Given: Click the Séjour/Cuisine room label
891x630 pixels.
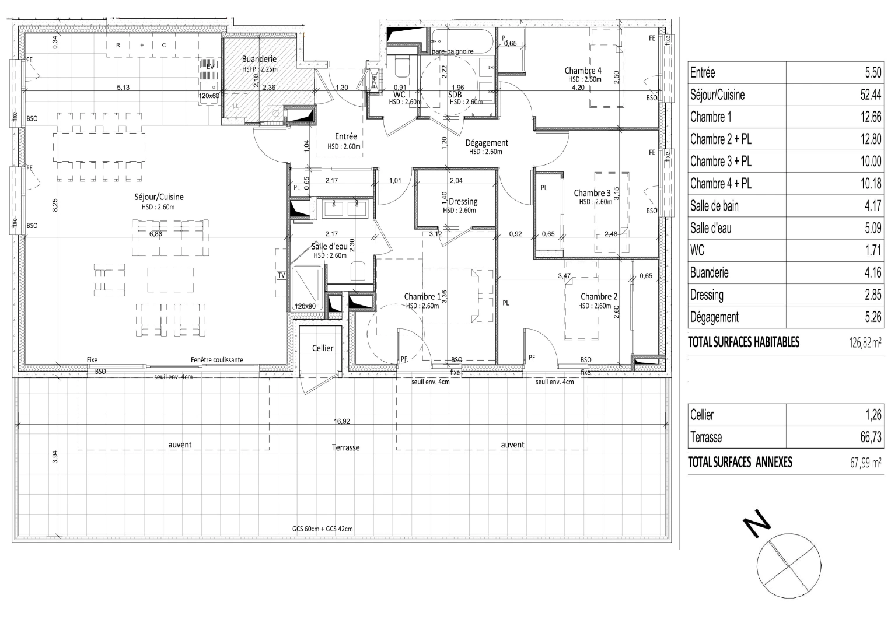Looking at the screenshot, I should click(x=159, y=197).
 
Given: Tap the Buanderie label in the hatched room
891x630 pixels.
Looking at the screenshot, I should click(x=259, y=59).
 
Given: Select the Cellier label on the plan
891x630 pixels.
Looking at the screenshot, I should click(x=323, y=348).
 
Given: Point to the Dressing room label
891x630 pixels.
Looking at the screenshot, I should click(x=463, y=202).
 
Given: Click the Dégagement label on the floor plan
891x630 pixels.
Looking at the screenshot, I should click(x=487, y=143).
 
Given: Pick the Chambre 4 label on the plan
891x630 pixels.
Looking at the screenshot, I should click(x=582, y=71).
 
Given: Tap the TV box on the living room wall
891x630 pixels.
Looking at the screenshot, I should click(x=281, y=275).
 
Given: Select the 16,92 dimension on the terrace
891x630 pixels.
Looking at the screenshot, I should click(x=342, y=421).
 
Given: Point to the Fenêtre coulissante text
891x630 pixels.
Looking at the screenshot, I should click(x=216, y=360).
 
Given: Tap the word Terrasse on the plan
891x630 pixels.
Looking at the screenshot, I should click(x=346, y=448).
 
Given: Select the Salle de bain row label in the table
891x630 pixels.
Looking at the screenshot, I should click(x=714, y=206).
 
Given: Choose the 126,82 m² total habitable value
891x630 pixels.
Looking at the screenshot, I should click(x=865, y=342).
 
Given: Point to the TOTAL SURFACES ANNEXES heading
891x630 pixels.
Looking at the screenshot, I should click(x=740, y=462).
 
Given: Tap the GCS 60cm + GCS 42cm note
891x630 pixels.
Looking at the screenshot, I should click(x=322, y=529).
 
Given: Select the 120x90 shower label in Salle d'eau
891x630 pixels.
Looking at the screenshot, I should click(x=305, y=306).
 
